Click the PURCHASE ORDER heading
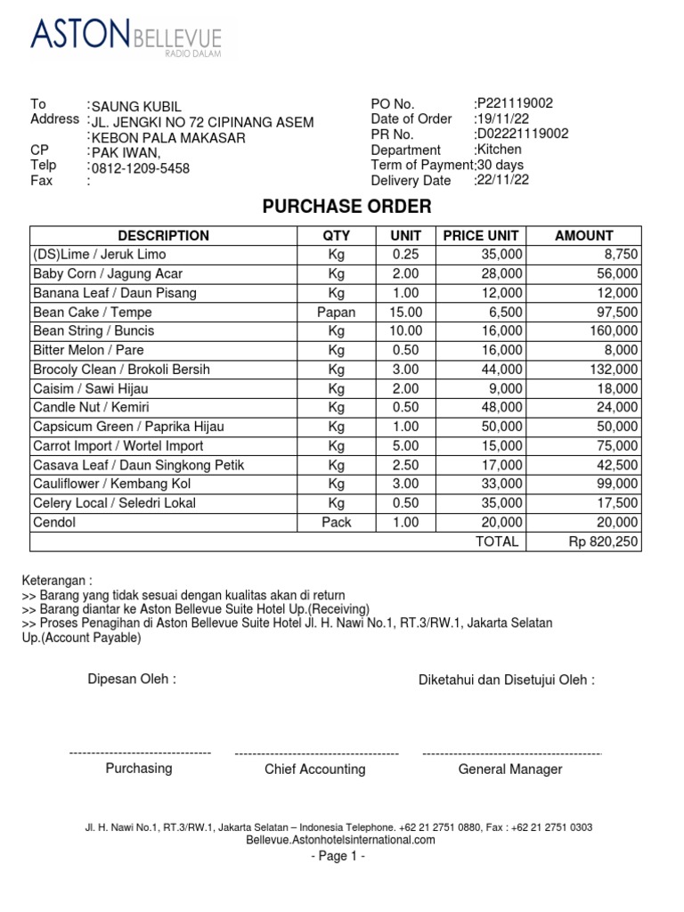pos(346,207)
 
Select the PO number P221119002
pos(516,103)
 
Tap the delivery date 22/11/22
pos(503,180)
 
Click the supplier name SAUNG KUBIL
pos(137,107)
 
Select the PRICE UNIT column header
pos(480,236)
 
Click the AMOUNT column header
pos(583,236)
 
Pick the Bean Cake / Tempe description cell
pos(93,313)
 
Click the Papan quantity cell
pos(336,313)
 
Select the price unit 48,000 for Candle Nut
pos(498,408)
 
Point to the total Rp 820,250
pos(603,541)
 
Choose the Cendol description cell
pos(54,523)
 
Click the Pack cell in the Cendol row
pos(336,523)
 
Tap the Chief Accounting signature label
pos(314,769)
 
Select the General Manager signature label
pos(509,769)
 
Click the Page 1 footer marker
pos(338,856)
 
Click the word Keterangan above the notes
pos(56,581)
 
